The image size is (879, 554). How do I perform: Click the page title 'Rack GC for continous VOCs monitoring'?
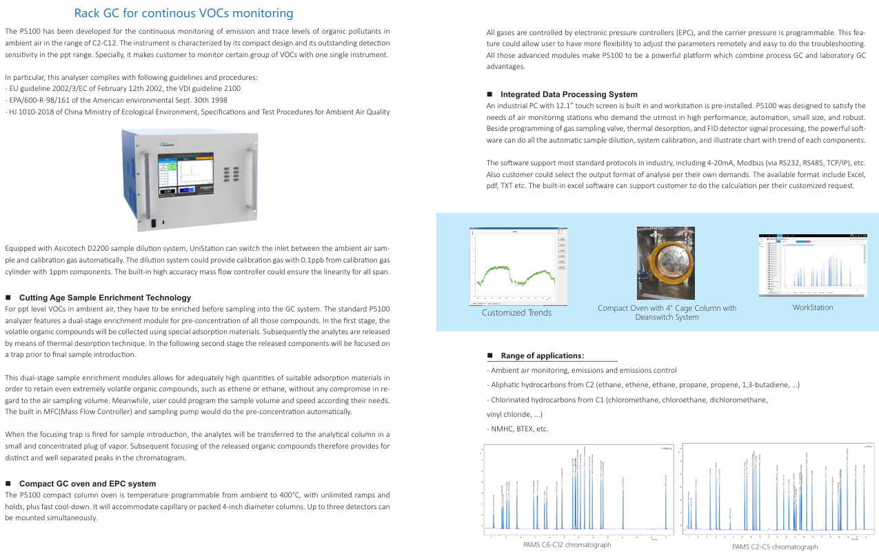click(183, 13)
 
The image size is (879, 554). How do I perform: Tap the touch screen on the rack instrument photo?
click(186, 176)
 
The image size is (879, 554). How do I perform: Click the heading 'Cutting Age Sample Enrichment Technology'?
click(105, 298)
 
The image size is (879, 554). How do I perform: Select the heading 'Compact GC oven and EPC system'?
click(88, 484)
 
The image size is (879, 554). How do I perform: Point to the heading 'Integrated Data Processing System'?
click(569, 94)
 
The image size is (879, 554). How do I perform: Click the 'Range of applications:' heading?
click(543, 356)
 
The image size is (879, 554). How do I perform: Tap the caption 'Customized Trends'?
click(516, 313)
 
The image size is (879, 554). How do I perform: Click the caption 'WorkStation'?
click(812, 307)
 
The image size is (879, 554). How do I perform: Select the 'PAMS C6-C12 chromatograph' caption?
click(567, 545)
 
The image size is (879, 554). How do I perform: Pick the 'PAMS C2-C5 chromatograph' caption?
click(775, 547)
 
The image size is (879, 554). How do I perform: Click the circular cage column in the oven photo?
click(666, 263)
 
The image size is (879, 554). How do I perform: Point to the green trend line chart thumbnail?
click(517, 267)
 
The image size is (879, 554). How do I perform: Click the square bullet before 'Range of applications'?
click(489, 356)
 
